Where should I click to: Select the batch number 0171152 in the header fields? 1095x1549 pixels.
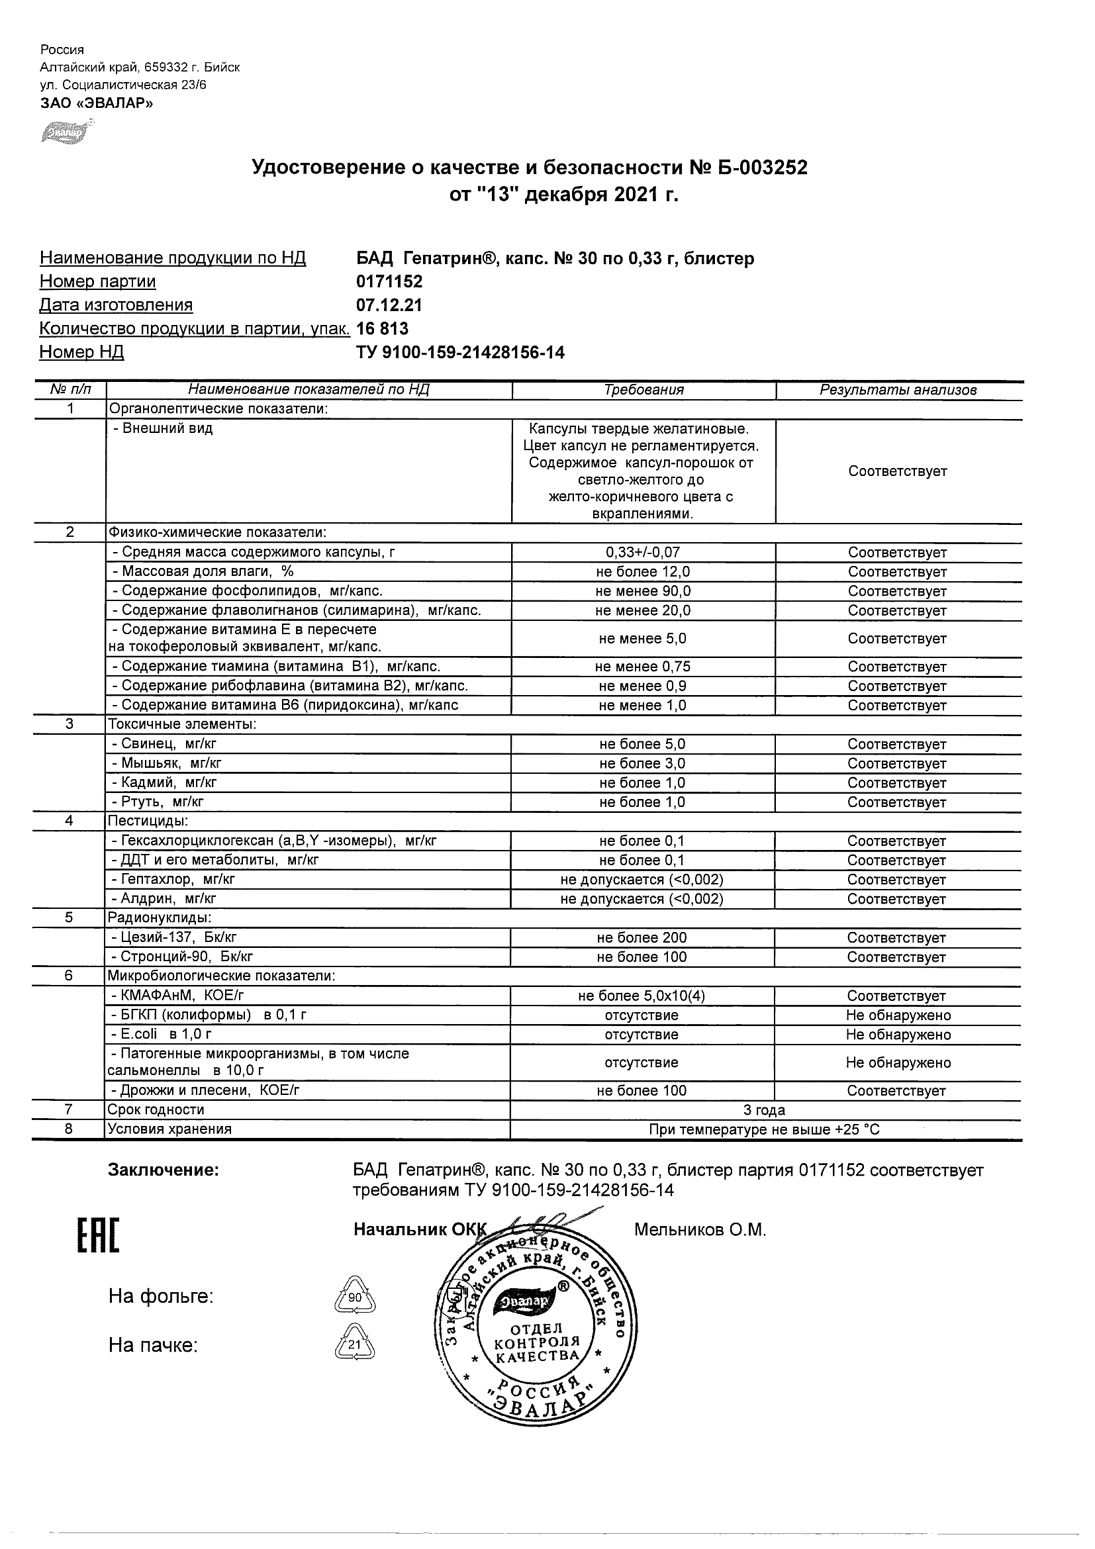click(x=389, y=281)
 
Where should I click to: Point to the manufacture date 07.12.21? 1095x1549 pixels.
click(x=389, y=305)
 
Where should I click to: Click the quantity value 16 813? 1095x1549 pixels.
click(x=383, y=328)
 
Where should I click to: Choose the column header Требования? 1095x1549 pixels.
click(x=643, y=390)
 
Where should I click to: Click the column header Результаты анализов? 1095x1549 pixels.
click(x=898, y=390)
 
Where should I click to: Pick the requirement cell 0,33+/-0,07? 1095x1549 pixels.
click(x=643, y=553)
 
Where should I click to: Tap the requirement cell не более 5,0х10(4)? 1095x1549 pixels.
click(x=642, y=996)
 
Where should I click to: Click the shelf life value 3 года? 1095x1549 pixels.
click(x=765, y=1110)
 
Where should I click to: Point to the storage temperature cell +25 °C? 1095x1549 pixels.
click(x=765, y=1129)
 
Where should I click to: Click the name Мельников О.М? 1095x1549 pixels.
click(x=700, y=1230)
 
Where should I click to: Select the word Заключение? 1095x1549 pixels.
click(x=164, y=1170)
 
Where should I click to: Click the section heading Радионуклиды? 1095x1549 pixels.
click(x=160, y=918)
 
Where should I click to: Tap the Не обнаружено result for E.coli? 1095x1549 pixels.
click(x=898, y=1035)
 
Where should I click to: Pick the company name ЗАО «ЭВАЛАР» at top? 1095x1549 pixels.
click(x=97, y=103)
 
